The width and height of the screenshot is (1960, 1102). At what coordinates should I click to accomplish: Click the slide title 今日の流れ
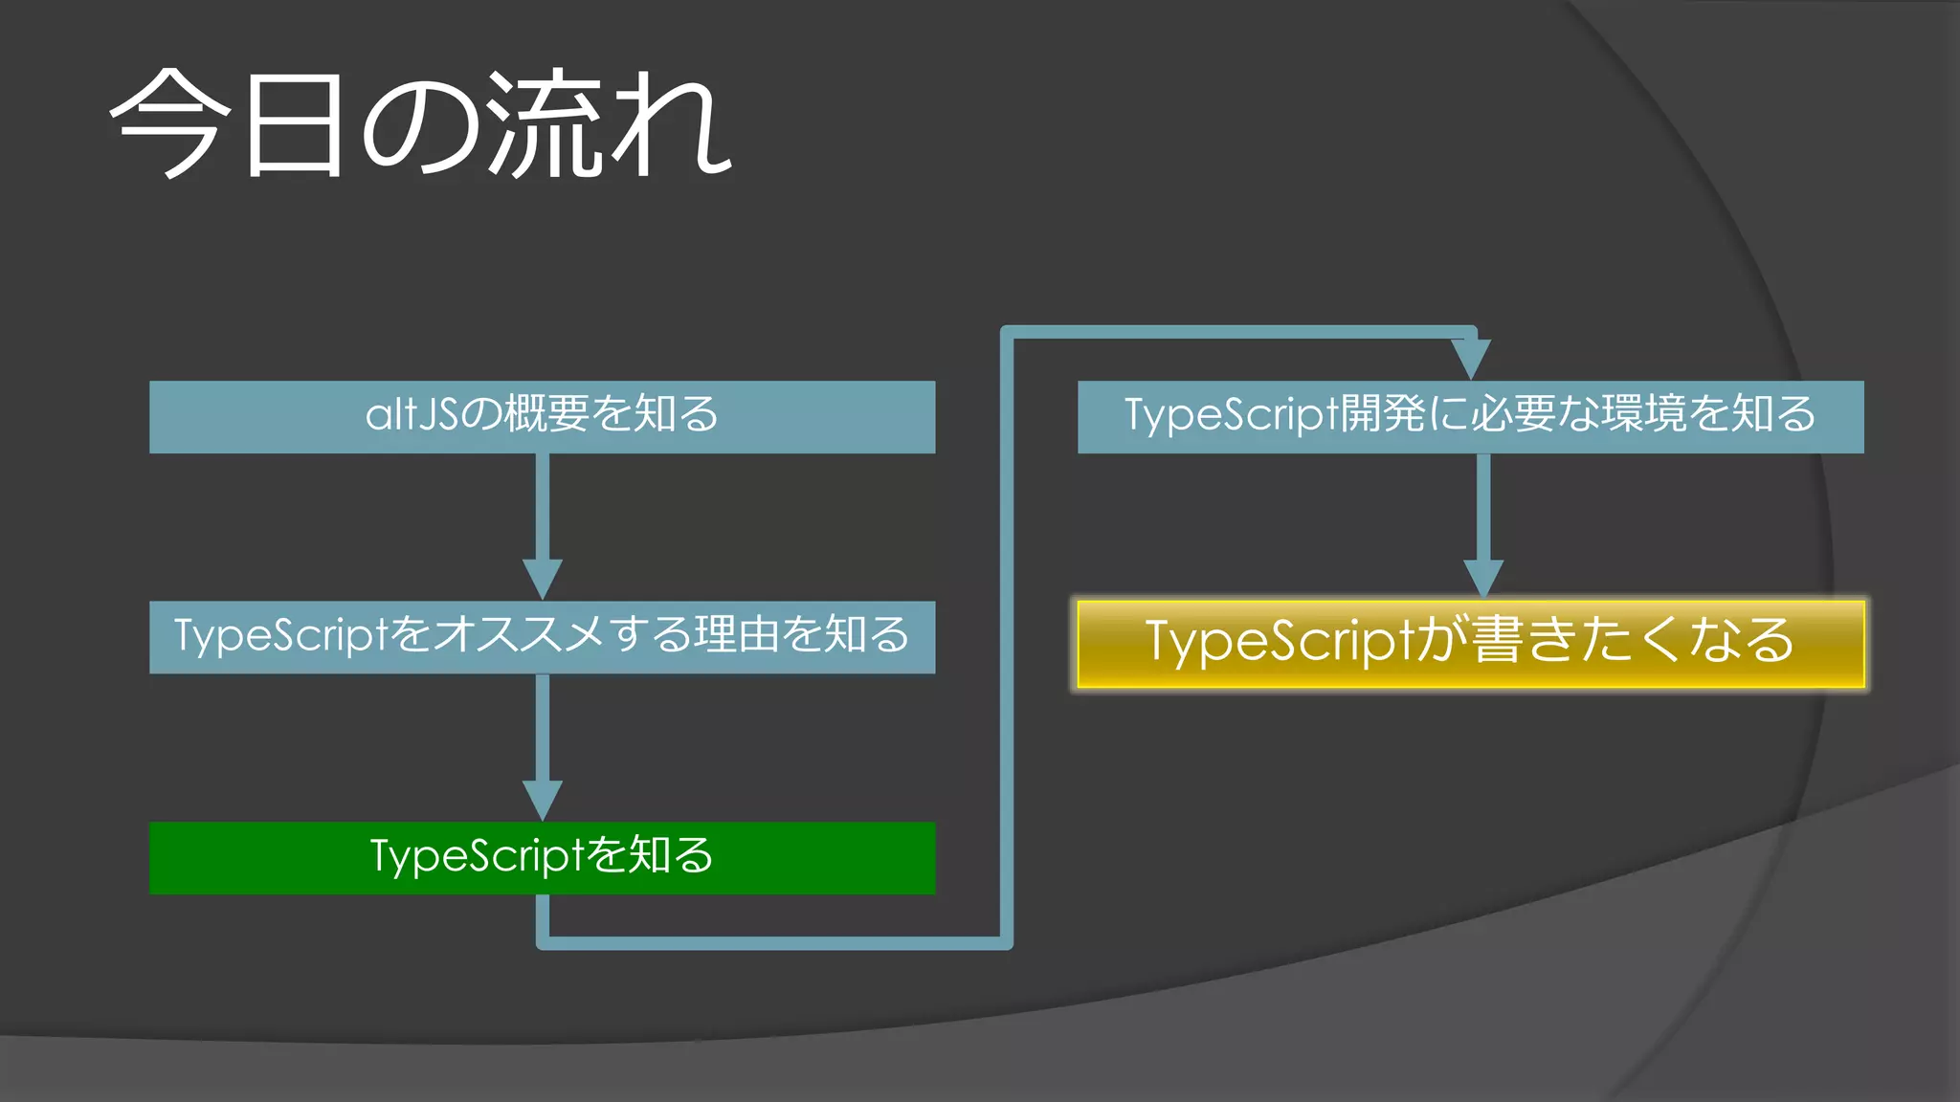click(x=421, y=124)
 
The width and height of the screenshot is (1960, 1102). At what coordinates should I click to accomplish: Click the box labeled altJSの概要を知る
click(x=542, y=417)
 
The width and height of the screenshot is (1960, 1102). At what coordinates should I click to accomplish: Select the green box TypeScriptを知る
click(x=542, y=858)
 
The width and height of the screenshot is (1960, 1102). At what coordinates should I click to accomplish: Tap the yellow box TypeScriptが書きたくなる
click(x=1471, y=643)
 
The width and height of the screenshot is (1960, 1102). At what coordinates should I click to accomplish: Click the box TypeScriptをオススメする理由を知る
click(x=542, y=637)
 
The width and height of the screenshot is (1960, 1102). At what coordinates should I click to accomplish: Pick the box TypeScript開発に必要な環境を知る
click(x=1471, y=417)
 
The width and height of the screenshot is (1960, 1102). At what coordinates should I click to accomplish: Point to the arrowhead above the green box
click(x=543, y=800)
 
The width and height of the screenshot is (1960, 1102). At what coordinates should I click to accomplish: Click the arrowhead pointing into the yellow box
click(x=1483, y=579)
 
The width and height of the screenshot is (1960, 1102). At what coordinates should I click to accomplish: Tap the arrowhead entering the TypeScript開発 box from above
click(x=1471, y=358)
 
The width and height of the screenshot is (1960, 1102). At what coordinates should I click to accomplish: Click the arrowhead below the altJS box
click(x=543, y=579)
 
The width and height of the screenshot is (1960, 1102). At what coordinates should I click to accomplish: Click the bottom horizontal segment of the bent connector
click(x=775, y=943)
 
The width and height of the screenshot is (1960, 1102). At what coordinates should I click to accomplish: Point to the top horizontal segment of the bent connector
click(x=1235, y=332)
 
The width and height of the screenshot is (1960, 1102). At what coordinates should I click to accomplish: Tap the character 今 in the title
click(x=170, y=124)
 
